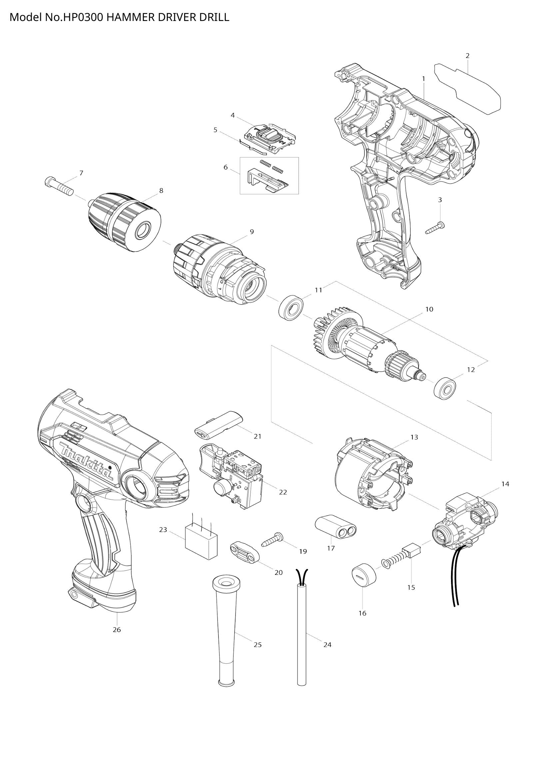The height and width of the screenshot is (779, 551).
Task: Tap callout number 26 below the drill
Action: [x=117, y=630]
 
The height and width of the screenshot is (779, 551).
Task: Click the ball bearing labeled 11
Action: [x=291, y=307]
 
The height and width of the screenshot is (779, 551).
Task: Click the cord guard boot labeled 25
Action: [x=225, y=631]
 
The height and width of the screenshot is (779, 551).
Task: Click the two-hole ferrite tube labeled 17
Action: [x=336, y=528]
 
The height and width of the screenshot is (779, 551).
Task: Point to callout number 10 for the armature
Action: [x=429, y=309]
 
